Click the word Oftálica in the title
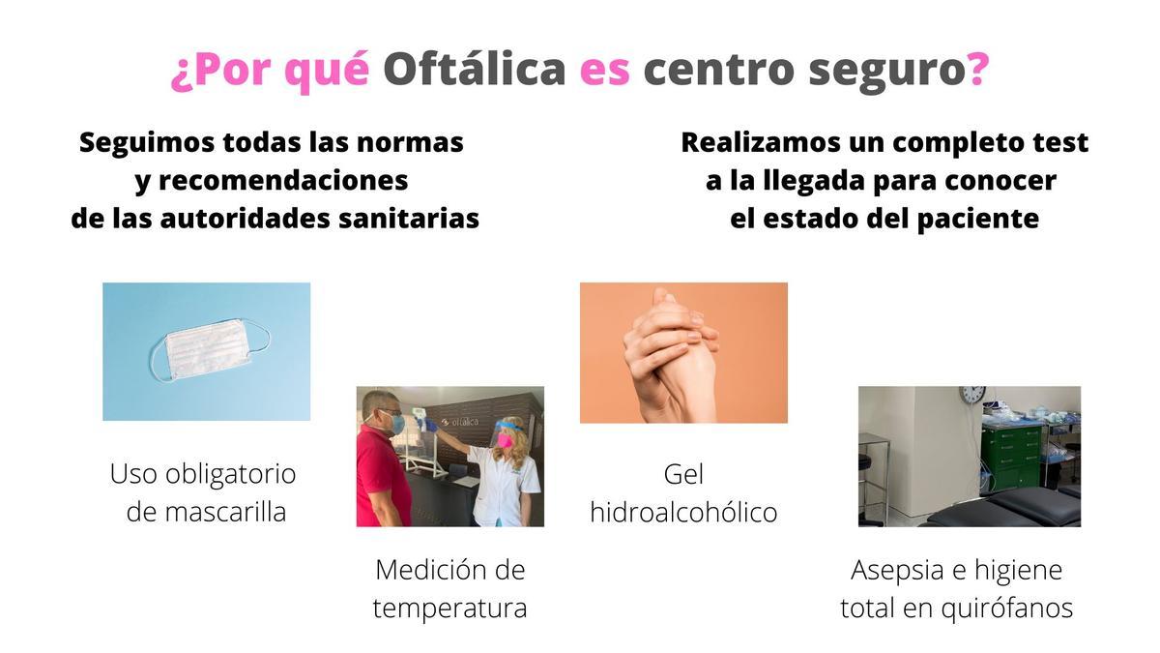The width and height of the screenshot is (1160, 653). point(474,71)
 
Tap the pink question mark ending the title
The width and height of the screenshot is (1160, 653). point(977,71)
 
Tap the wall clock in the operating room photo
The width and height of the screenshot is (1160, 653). point(972,395)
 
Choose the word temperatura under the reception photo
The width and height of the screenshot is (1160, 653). point(449,608)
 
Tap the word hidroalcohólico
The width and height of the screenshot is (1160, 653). point(683,512)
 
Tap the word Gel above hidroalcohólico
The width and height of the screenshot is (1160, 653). point(683,474)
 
